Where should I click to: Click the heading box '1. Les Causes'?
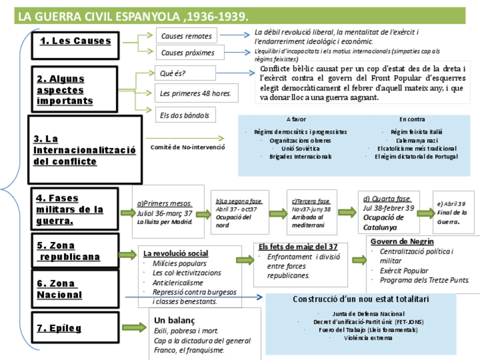[75, 41]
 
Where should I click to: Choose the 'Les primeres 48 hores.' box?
[196, 93]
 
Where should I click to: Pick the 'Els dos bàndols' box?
[184, 115]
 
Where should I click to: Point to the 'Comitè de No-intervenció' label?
[187, 147]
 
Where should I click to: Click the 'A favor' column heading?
[296, 119]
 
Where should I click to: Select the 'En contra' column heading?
[412, 119]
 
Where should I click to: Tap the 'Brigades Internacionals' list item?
[301, 156]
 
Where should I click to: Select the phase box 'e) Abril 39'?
[453, 212]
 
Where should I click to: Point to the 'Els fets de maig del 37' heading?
[298, 247]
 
